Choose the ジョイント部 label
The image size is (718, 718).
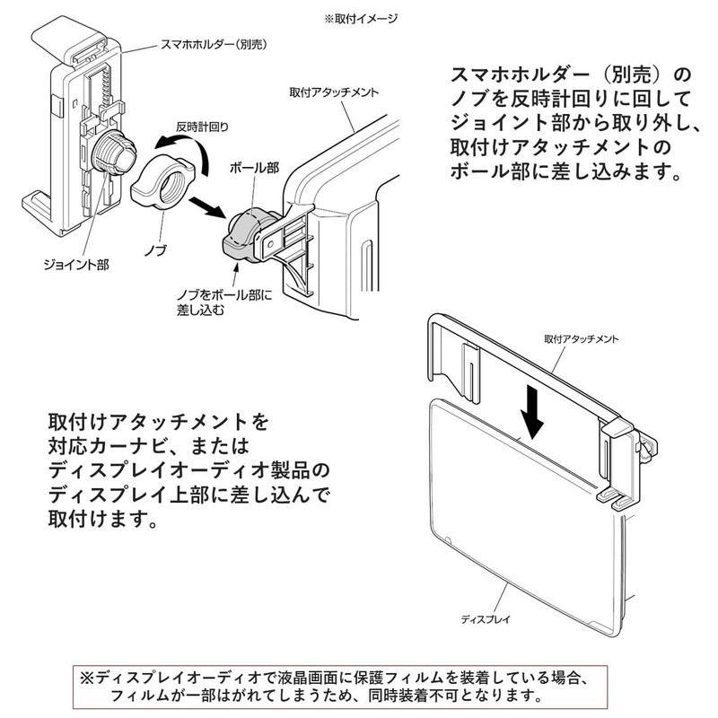[x=74, y=265]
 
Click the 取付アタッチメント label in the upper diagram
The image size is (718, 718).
[x=333, y=92]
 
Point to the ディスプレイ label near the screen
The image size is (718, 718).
[x=486, y=619]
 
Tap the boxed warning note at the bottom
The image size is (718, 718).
[x=358, y=686]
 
